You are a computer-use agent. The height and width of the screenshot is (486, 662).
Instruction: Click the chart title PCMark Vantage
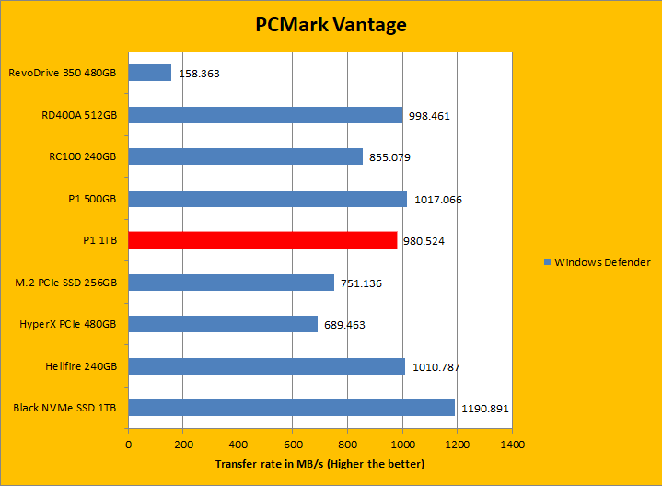pos(331,24)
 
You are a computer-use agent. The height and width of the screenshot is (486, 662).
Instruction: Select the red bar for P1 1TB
pos(262,240)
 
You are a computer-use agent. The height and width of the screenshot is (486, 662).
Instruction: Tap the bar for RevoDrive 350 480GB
pos(150,73)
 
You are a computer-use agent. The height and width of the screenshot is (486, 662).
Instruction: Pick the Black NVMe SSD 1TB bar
pos(291,408)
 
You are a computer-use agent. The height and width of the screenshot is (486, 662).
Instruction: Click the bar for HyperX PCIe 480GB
pos(223,324)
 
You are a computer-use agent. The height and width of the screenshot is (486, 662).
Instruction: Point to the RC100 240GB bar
pos(245,156)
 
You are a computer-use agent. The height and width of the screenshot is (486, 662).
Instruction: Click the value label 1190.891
pos(485,409)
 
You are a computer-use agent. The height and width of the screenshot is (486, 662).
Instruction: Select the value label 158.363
pos(198,73)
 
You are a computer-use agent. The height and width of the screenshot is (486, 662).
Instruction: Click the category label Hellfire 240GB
pos(81,366)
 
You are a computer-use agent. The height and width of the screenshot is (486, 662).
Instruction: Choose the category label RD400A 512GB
pos(79,115)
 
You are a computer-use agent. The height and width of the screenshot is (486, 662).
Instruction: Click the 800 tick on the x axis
pos(347,445)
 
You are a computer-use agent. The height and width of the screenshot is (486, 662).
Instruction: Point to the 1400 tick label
pos(512,445)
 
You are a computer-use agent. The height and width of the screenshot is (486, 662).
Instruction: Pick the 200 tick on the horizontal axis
pos(183,445)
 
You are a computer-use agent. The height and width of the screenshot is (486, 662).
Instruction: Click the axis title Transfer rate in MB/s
pos(319,464)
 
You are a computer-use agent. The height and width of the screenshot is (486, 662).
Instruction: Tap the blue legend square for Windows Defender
pos(547,262)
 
